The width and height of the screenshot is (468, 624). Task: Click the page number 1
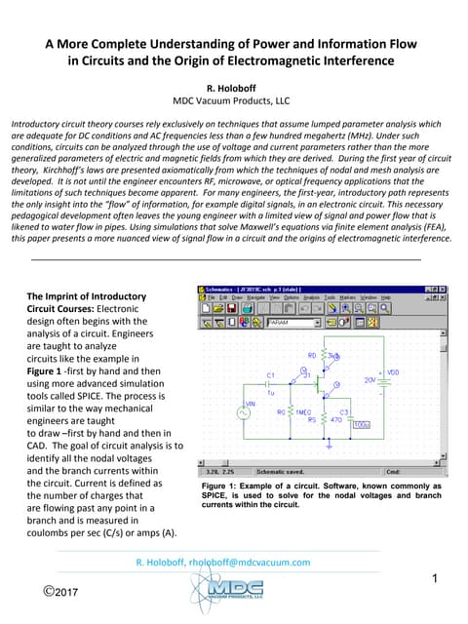click(438, 581)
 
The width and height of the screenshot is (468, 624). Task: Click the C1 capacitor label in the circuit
click(271, 374)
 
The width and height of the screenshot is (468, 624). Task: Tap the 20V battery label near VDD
click(370, 379)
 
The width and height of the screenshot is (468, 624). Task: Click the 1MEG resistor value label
click(303, 412)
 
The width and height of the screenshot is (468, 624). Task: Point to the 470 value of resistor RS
click(336, 420)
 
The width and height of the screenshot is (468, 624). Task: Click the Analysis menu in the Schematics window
click(311, 296)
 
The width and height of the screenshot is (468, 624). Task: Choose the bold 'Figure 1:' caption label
click(224, 485)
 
